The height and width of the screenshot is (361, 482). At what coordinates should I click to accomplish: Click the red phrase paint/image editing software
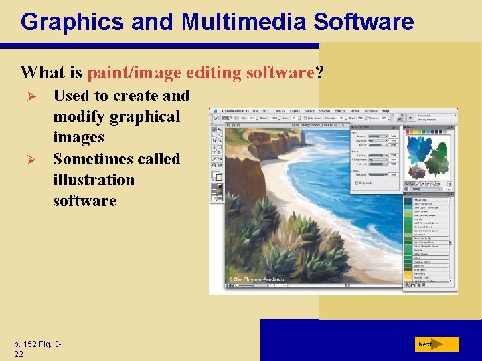coord(201,72)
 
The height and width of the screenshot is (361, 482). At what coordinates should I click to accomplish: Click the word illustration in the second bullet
coord(93,180)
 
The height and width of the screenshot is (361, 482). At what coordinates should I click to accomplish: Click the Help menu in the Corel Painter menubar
coord(385,111)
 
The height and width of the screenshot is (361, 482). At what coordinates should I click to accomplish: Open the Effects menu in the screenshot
coord(340,111)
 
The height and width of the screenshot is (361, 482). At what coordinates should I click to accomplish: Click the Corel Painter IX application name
coord(234,111)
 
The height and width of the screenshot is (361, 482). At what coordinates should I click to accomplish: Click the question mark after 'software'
coord(319,72)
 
